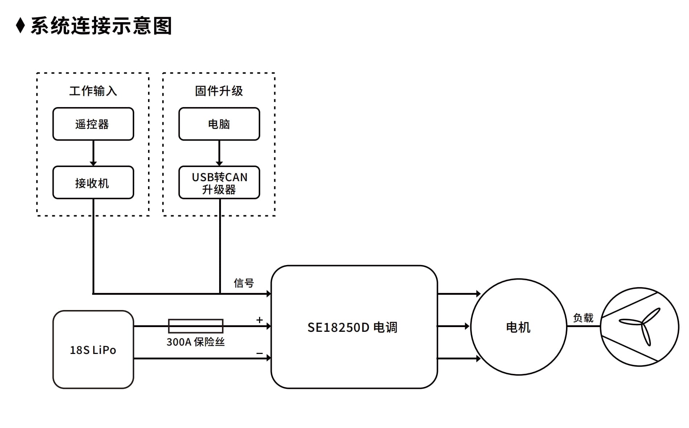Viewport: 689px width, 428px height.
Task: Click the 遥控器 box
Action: click(93, 124)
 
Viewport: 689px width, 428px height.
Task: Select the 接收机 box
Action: click(93, 183)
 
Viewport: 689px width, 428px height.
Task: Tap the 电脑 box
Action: click(219, 124)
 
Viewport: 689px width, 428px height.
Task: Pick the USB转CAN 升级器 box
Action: click(219, 183)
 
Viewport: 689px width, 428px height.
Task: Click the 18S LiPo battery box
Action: click(93, 350)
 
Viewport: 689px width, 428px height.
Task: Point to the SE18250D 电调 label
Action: click(352, 327)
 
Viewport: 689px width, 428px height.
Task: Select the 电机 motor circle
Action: click(518, 327)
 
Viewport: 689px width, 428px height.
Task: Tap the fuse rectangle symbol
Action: click(196, 326)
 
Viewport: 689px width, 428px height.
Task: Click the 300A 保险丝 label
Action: click(196, 342)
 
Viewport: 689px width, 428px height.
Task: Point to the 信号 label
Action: click(244, 283)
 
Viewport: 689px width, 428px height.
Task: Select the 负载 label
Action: click(583, 318)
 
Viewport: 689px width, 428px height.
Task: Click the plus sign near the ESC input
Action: click(259, 320)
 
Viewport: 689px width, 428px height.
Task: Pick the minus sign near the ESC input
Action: click(259, 353)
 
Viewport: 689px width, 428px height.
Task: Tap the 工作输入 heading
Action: click(93, 91)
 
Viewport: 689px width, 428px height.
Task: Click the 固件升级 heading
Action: click(219, 91)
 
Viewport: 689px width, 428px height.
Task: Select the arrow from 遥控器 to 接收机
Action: click(93, 153)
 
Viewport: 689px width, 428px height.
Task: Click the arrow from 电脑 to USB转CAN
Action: click(219, 153)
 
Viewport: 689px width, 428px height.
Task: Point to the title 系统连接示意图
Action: click(101, 26)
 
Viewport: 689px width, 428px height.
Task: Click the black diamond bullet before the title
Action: click(21, 25)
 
